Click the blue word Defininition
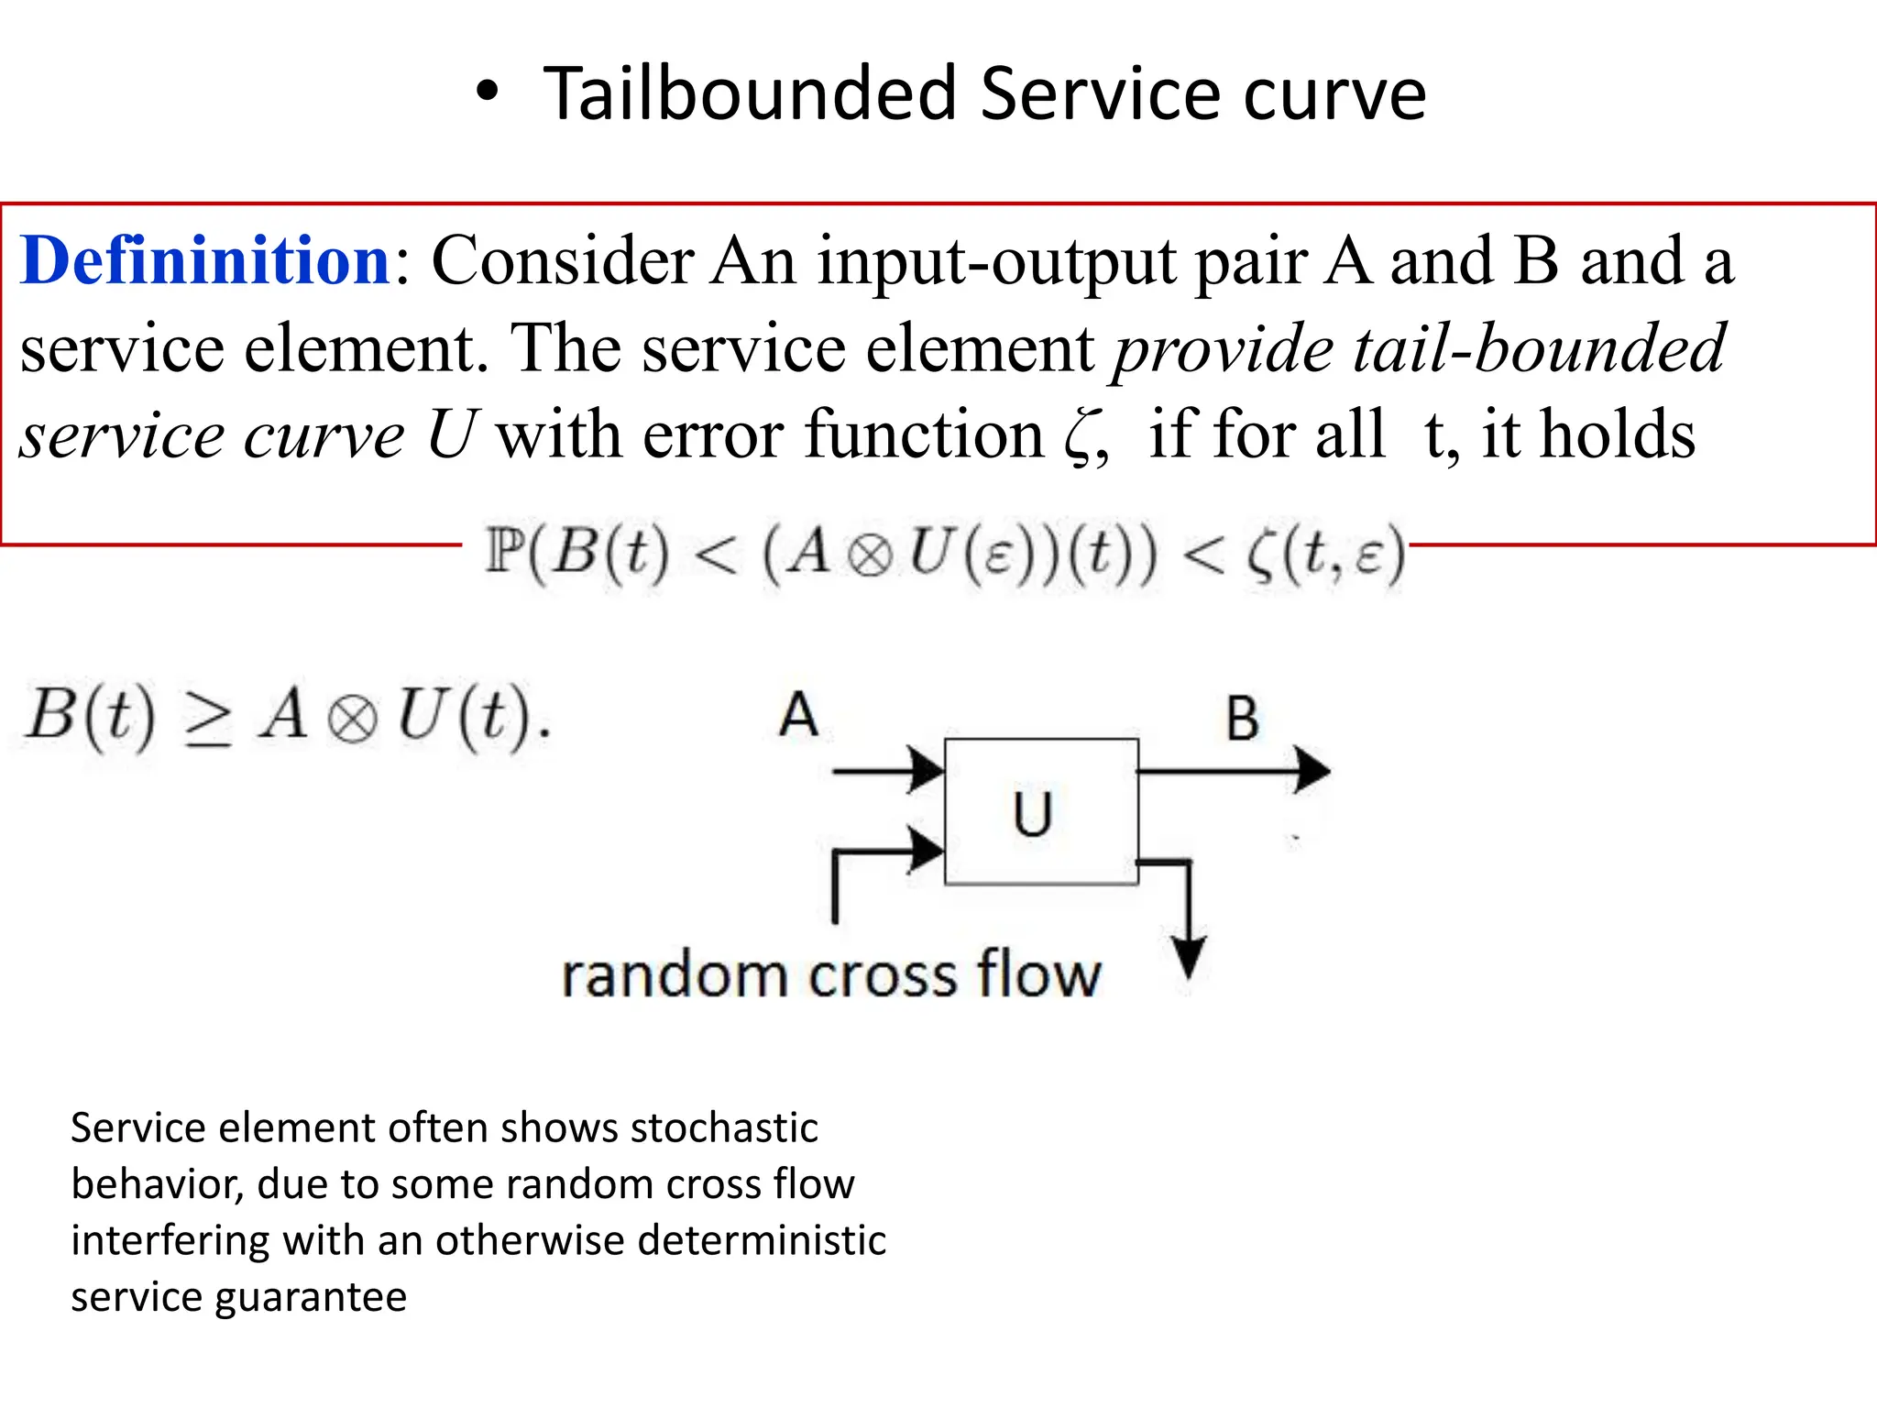(x=206, y=261)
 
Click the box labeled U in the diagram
(x=1041, y=811)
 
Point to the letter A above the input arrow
(x=798, y=715)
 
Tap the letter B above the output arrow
(x=1242, y=719)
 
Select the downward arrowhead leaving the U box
(x=1189, y=958)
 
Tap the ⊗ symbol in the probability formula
(x=870, y=555)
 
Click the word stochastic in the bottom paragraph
(x=724, y=1127)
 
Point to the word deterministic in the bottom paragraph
(x=762, y=1240)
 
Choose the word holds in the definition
(x=1618, y=434)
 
